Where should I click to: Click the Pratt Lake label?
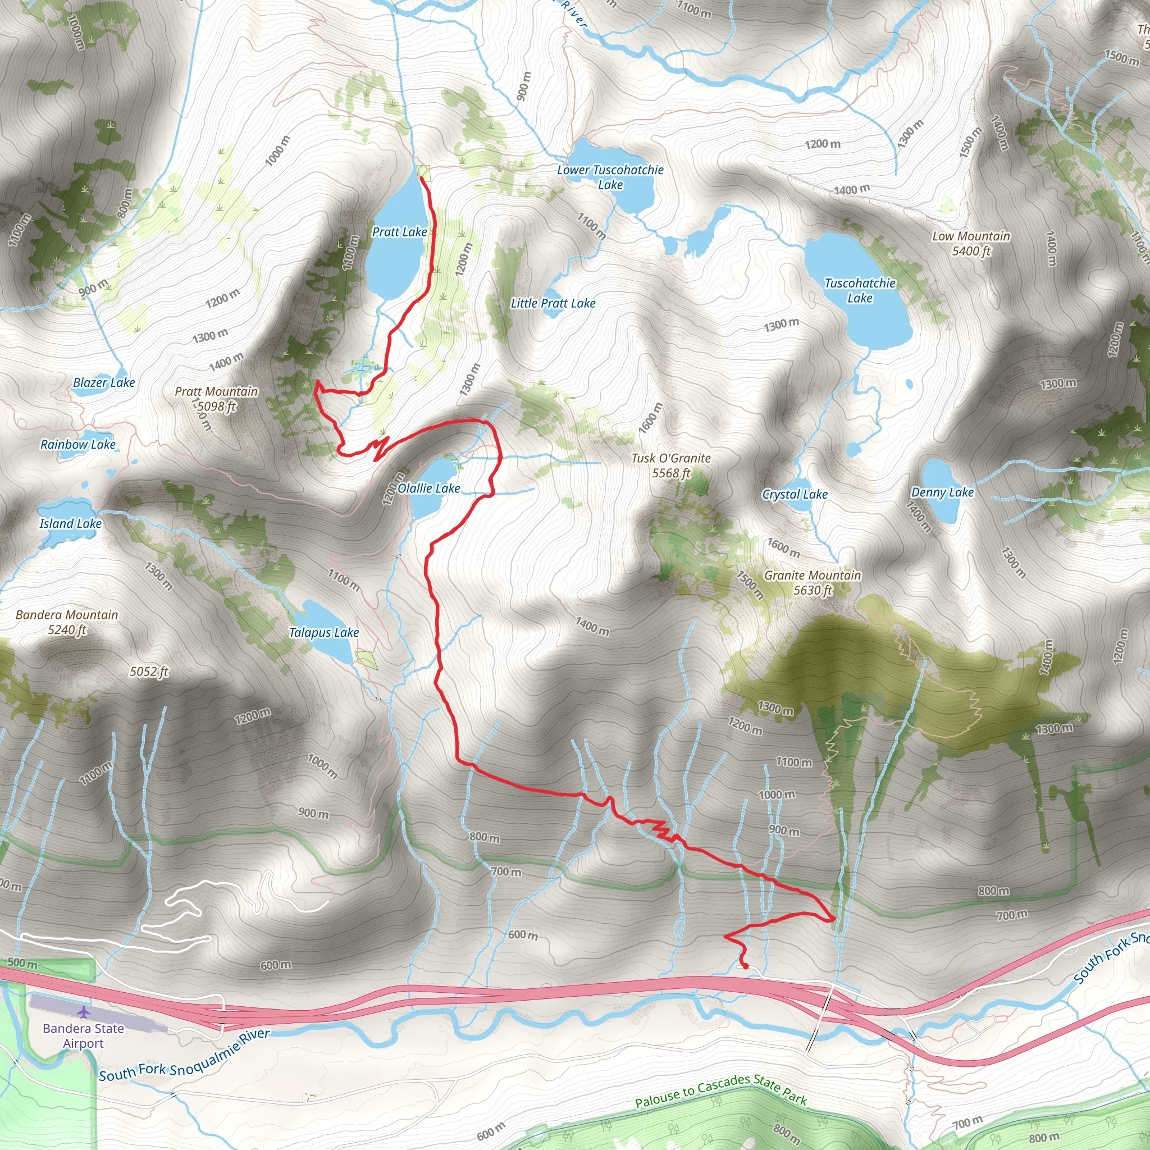(x=399, y=232)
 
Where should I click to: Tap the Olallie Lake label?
(x=429, y=489)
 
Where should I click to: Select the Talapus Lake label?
(x=324, y=633)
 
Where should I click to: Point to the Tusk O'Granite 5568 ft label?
(x=671, y=466)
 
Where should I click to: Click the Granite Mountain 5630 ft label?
(x=813, y=583)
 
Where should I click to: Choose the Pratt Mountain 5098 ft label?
(x=216, y=399)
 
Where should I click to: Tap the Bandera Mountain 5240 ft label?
(x=67, y=622)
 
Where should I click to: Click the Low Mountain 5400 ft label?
(x=971, y=244)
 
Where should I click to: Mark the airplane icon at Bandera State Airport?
(x=84, y=1011)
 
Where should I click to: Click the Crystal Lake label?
(x=795, y=495)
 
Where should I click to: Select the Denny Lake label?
(x=942, y=492)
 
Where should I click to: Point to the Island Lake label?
(x=70, y=524)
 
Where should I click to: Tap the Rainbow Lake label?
(x=78, y=445)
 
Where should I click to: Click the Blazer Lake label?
(x=104, y=383)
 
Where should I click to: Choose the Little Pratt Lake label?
(x=553, y=304)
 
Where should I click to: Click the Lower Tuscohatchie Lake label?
(x=610, y=177)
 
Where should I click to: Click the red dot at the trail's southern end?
(x=745, y=966)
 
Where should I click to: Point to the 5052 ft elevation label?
(x=149, y=672)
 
